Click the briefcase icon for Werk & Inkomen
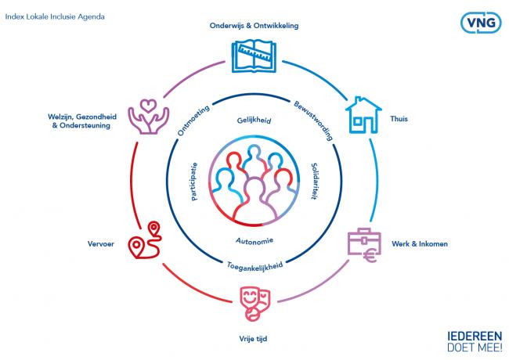pyautogui.click(x=361, y=245)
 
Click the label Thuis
pyautogui.click(x=399, y=120)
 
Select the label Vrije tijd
pyautogui.click(x=254, y=339)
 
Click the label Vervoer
pyautogui.click(x=102, y=243)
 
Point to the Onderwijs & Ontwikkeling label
pyautogui.click(x=254, y=26)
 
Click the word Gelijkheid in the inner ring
pyautogui.click(x=254, y=122)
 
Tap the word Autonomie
pyautogui.click(x=254, y=239)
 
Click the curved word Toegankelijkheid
pyautogui.click(x=254, y=265)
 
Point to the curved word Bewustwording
pyautogui.click(x=313, y=119)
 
